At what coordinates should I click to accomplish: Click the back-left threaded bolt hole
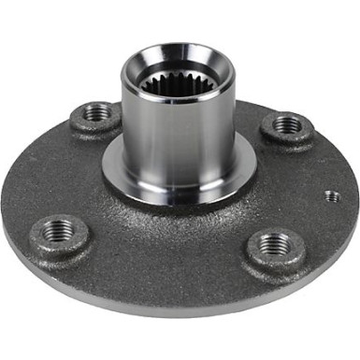(x=95, y=113)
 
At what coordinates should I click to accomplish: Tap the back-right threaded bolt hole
(x=288, y=124)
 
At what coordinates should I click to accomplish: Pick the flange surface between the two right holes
(x=299, y=182)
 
